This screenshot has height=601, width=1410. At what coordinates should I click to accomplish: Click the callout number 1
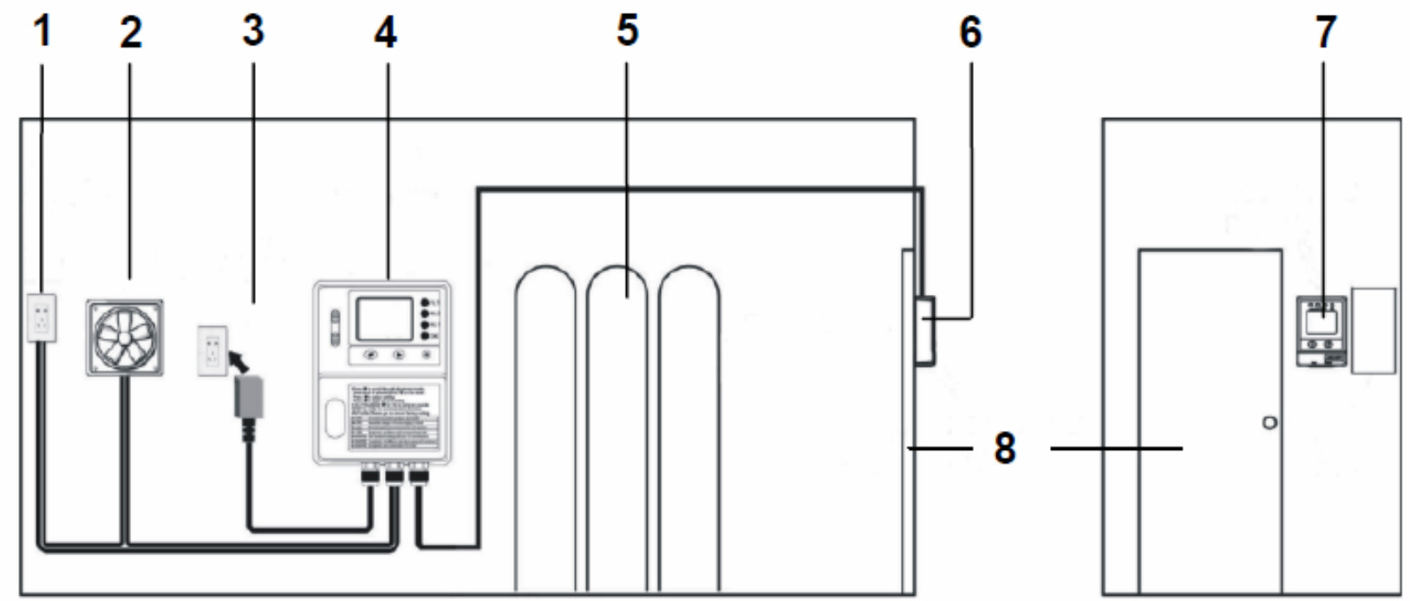[42, 33]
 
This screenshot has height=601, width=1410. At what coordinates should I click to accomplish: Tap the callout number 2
[130, 33]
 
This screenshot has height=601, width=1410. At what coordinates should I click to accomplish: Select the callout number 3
[252, 33]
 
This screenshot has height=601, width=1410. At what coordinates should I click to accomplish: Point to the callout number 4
[385, 33]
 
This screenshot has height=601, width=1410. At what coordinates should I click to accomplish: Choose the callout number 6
[970, 33]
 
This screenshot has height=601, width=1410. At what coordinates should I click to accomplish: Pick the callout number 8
[1004, 448]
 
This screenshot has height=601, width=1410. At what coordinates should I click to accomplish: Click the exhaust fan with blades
[125, 338]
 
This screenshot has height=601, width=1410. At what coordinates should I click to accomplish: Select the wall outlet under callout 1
[42, 317]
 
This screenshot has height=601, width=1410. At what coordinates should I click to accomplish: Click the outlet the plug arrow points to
[212, 349]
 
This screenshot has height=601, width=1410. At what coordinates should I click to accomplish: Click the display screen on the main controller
[384, 318]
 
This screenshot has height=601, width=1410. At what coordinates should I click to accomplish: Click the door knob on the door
[1270, 422]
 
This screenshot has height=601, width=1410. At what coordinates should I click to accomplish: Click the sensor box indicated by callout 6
[925, 330]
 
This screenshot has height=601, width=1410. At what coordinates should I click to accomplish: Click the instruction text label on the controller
[395, 417]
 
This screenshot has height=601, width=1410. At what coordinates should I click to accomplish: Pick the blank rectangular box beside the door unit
[1374, 331]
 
